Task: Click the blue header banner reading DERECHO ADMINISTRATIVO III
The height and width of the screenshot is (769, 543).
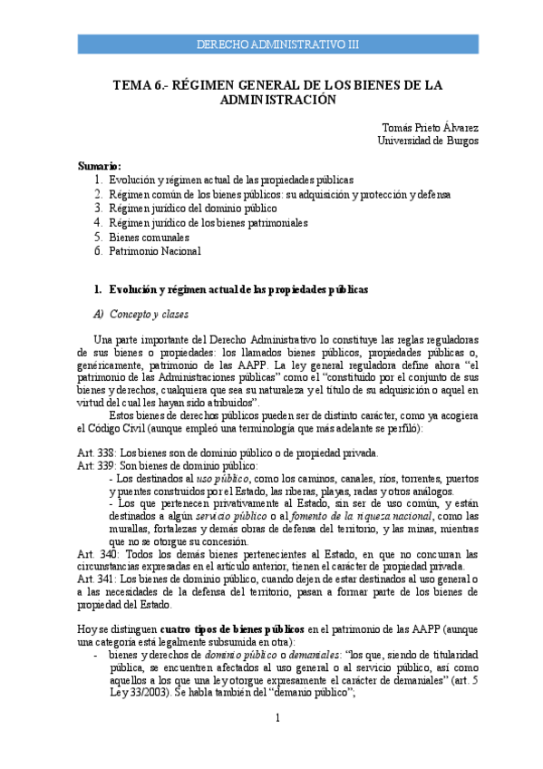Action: (x=277, y=44)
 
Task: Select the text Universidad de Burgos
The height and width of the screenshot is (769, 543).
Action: (x=428, y=141)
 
